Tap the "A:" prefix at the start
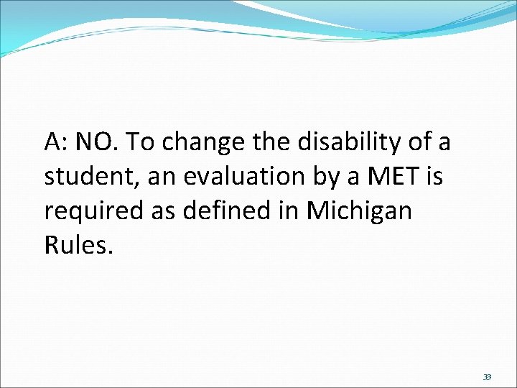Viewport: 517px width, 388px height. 56,142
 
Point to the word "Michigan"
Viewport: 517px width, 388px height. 359,212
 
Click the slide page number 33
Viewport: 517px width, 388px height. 486,377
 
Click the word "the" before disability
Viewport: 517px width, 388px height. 269,142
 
